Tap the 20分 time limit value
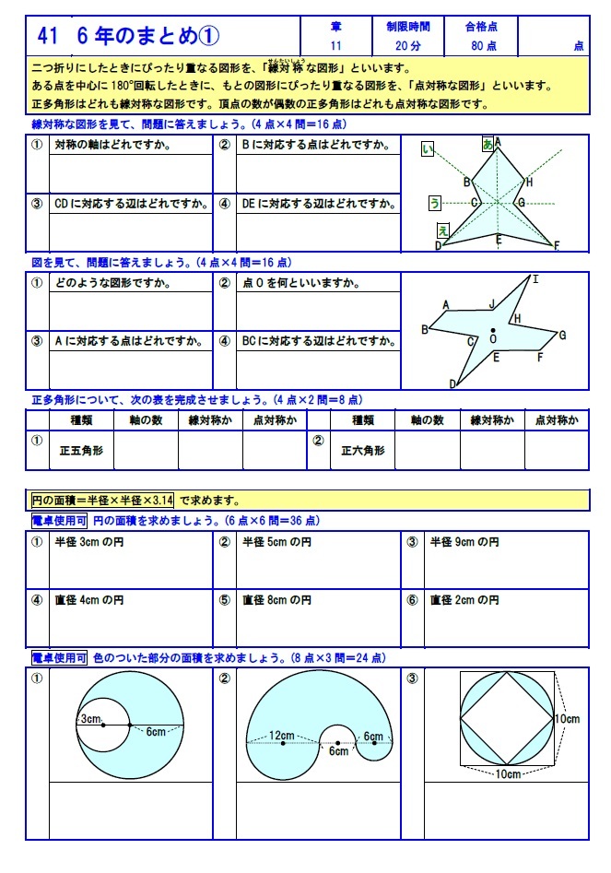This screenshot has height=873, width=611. [x=407, y=44]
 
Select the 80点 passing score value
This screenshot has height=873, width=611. [x=484, y=44]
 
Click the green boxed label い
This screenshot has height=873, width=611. [x=428, y=149]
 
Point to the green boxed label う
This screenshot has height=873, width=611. [x=435, y=203]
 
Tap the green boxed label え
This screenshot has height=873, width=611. [x=443, y=230]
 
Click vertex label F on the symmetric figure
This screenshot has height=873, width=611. [x=556, y=245]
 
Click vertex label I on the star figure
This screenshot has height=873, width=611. [x=535, y=279]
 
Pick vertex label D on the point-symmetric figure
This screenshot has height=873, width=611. [x=452, y=383]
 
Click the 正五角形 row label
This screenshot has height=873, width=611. [x=81, y=452]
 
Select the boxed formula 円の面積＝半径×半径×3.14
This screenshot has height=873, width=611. [x=102, y=501]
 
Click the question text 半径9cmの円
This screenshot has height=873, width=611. [x=465, y=543]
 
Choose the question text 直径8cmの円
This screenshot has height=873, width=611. [x=277, y=600]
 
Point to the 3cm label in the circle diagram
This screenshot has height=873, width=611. [x=89, y=719]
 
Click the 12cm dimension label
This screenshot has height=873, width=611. [x=281, y=736]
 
